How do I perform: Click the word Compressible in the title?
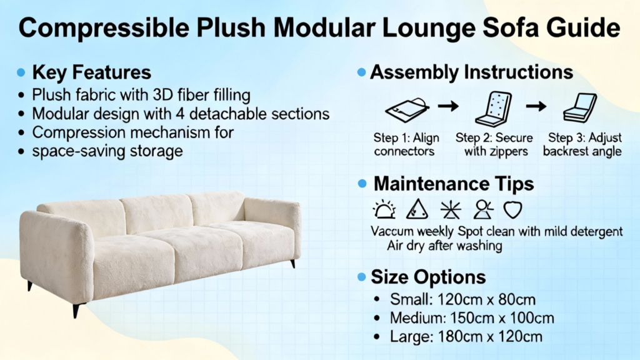coord(104,27)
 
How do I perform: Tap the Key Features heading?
coord(91,72)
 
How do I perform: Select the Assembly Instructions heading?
coord(471,72)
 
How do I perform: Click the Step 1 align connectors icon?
coord(407,109)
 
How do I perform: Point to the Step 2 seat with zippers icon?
coord(494,109)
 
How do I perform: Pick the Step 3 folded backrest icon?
coord(580,107)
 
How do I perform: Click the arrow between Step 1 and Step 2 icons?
coord(448,106)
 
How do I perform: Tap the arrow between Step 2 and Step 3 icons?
coord(536,106)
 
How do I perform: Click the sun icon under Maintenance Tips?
coord(384,210)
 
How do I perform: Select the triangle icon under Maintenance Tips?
coord(417,209)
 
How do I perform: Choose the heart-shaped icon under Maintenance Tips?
coord(512,210)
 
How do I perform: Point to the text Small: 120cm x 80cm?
coord(462,299)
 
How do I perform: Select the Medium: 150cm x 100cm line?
coord(472,318)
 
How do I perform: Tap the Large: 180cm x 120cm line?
coord(466,337)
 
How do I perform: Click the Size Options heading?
coord(428,277)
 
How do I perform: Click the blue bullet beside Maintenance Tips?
coord(362,184)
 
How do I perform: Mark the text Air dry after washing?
coord(444,246)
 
